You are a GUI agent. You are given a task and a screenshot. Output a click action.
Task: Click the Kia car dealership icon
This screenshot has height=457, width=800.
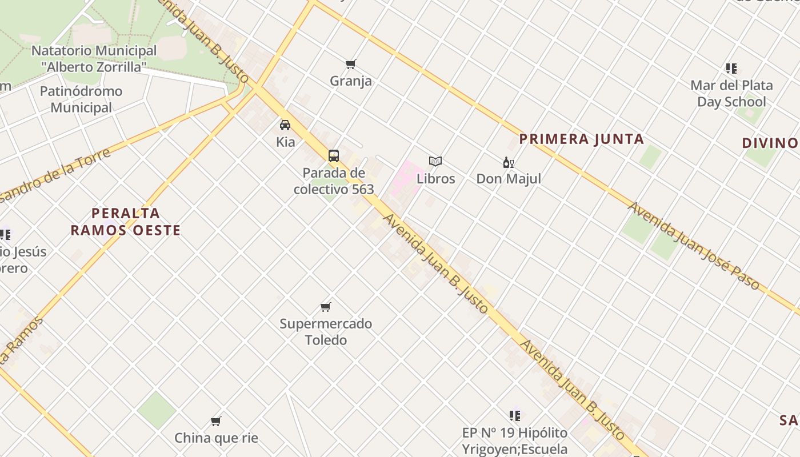(285, 125)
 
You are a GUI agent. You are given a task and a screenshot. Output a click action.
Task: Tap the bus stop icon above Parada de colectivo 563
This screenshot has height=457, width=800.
(334, 155)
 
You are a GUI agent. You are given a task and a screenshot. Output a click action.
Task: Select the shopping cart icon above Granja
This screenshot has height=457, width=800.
(351, 64)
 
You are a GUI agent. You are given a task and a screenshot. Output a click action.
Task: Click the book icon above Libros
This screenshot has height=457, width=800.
(435, 162)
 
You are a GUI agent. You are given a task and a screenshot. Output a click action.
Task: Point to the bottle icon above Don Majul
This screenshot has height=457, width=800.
(508, 162)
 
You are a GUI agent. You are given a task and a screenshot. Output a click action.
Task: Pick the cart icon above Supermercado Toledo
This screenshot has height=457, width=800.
(326, 307)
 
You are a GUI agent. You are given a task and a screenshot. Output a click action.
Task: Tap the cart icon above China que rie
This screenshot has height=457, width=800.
(216, 422)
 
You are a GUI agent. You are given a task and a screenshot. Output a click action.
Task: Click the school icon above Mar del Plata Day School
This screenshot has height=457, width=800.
(731, 69)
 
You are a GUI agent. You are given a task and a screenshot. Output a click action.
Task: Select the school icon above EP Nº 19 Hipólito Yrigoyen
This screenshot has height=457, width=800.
(515, 415)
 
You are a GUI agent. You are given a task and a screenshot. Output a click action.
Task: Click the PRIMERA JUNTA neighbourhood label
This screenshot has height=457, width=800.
(582, 139)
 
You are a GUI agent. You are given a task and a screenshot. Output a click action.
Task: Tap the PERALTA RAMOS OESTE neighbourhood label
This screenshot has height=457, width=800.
(126, 222)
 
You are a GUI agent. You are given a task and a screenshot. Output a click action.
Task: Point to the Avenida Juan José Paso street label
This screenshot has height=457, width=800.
(694, 246)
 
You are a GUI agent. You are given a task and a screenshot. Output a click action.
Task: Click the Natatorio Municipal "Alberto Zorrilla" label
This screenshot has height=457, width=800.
(94, 58)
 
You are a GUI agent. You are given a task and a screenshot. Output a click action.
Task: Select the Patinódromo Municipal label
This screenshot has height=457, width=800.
(81, 99)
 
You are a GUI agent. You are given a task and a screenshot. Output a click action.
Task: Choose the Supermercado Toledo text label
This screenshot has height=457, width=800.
(326, 332)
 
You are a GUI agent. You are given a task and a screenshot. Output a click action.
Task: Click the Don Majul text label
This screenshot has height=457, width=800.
(509, 179)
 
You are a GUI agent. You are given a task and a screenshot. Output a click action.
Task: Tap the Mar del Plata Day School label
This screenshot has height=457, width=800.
(731, 94)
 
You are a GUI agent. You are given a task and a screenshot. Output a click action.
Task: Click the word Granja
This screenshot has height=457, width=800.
(351, 81)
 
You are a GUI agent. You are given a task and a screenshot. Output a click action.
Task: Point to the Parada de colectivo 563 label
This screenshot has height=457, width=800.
(334, 181)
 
